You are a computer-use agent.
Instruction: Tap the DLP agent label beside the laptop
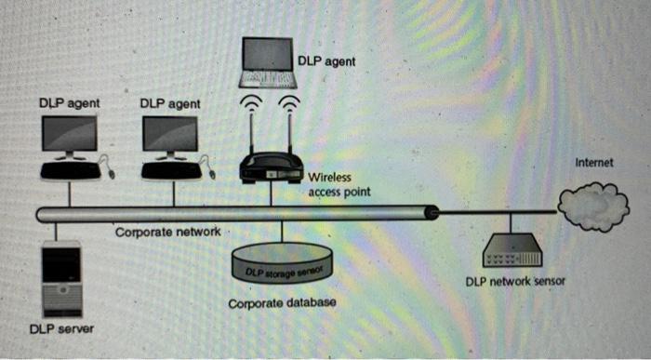click(x=326, y=61)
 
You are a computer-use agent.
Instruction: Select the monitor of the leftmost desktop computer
click(x=69, y=136)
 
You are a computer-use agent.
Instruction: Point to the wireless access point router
click(x=271, y=169)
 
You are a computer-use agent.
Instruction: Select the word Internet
click(x=594, y=162)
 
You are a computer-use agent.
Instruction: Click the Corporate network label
click(x=167, y=231)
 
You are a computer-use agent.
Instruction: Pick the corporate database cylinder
click(x=281, y=271)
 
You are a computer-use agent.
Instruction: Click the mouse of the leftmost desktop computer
click(x=112, y=173)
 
